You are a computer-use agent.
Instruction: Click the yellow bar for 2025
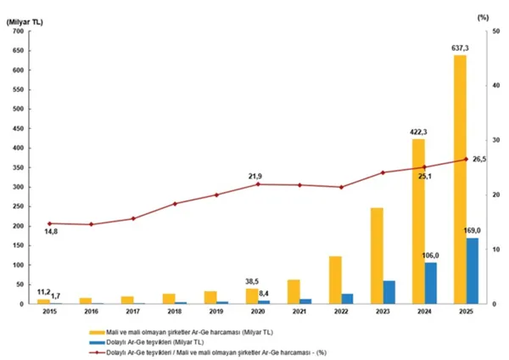460,179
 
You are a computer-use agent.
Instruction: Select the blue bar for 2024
431,283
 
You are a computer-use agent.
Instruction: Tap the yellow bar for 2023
377,256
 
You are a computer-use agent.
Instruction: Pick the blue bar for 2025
473,271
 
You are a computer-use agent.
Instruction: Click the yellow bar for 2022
335,280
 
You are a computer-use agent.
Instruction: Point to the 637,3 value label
460,48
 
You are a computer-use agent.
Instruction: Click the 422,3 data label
418,132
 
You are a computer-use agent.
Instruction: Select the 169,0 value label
472,231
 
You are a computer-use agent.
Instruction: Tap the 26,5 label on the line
479,160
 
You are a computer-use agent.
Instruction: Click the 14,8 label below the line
51,232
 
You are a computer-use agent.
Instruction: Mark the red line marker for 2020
258,184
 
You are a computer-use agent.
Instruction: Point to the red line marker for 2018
175,204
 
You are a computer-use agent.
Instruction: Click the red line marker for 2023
383,172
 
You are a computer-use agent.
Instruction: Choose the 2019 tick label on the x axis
216,312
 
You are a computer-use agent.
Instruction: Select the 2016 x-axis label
92,312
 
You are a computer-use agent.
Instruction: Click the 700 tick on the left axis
19,31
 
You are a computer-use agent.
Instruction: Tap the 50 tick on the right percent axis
495,31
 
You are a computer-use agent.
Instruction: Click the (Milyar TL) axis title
25,22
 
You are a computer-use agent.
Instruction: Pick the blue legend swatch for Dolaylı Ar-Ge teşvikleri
97,342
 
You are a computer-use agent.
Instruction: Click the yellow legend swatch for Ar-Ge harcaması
97,332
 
